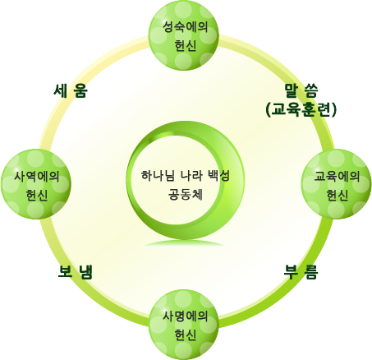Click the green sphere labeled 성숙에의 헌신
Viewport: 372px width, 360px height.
pos(184,35)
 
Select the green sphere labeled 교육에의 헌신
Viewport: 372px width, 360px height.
pos(337,184)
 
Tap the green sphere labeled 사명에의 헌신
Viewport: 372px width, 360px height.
pos(184,325)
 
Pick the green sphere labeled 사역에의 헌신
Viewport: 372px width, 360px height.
pos(36,184)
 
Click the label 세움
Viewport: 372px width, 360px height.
pos(71,90)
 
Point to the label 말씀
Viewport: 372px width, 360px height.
pos(301,90)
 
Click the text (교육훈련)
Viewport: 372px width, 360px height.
pos(301,110)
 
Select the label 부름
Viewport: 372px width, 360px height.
pos(301,272)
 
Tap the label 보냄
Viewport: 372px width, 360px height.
pos(76,272)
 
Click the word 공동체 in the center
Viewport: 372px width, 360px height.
pos(186,194)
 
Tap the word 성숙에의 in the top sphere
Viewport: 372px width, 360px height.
pos(186,26)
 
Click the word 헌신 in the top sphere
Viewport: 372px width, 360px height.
pos(186,45)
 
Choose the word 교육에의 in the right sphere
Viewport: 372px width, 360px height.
pos(337,176)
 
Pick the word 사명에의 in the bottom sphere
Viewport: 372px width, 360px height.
pos(186,316)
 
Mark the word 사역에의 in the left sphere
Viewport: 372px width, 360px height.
pos(37,176)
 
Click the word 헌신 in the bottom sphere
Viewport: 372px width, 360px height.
pos(186,335)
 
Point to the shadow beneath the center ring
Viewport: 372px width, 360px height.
pos(184,244)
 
